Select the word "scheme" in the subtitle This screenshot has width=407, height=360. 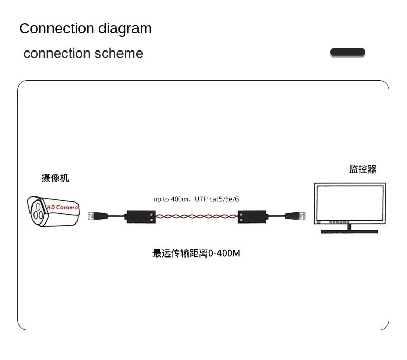click(118, 54)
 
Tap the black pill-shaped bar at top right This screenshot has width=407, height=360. click(347, 53)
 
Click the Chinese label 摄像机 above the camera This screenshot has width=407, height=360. click(55, 178)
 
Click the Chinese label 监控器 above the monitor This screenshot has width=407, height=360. click(362, 169)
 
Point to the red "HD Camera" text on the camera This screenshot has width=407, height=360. click(62, 207)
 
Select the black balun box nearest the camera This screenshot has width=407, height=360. click(141, 217)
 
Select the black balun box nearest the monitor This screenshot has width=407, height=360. click(251, 217)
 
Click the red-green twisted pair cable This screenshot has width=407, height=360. click(196, 217)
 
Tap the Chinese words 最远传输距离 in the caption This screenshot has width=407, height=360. click(180, 253)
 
